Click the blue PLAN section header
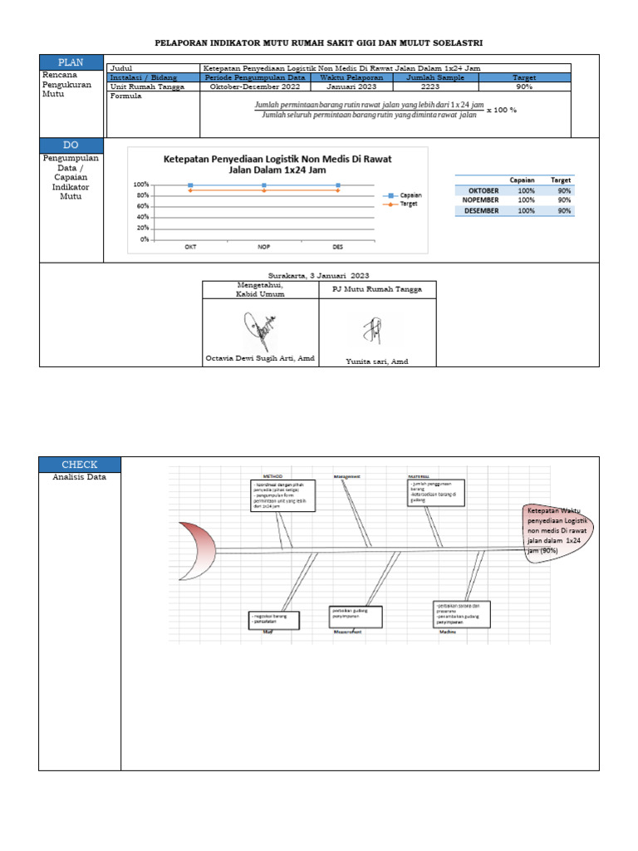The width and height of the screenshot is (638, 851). point(71,63)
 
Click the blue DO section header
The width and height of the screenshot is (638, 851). point(71,145)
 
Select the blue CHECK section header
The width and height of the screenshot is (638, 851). point(80,465)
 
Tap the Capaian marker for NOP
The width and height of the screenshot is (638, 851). point(264,185)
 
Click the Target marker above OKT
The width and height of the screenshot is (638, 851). point(190,190)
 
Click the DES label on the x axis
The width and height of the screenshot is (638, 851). point(337,247)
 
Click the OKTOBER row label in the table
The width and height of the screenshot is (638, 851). point(483,190)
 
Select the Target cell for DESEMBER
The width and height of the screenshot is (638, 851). point(564,211)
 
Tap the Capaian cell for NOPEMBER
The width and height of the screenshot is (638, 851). point(526,200)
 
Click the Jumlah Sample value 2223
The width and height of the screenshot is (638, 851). point(430,86)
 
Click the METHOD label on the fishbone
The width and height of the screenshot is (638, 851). point(272,476)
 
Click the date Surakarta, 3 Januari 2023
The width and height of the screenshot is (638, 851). point(318,275)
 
